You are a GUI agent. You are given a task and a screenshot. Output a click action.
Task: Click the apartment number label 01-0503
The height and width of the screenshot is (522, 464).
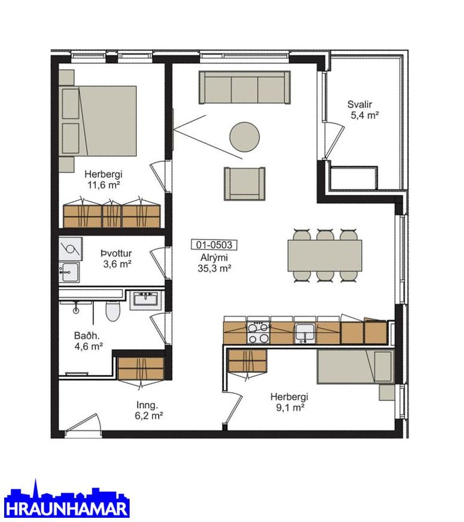click(x=214, y=245)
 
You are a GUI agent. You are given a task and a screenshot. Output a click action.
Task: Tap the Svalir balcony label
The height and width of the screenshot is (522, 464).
click(x=360, y=104)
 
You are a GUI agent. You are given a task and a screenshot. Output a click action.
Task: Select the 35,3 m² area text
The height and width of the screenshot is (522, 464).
click(x=215, y=268)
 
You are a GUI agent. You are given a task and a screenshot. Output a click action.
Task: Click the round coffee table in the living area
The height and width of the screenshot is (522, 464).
click(x=245, y=137)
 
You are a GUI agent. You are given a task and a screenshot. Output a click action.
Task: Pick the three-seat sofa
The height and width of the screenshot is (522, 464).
click(x=245, y=87)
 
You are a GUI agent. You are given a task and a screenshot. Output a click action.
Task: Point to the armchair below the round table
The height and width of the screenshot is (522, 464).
click(x=245, y=184)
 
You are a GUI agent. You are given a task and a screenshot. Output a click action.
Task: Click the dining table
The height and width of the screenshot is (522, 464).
click(x=325, y=255)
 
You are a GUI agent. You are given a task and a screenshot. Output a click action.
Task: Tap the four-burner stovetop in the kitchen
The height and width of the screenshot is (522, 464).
click(x=258, y=332)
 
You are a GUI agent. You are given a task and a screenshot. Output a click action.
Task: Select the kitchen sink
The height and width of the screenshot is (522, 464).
click(x=304, y=333)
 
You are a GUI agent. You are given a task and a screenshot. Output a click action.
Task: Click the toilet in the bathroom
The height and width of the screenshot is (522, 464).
click(x=112, y=311)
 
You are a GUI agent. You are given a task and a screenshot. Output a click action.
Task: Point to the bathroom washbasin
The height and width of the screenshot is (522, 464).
click(x=147, y=299)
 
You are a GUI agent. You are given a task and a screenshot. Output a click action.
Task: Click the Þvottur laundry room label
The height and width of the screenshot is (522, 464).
click(x=116, y=253)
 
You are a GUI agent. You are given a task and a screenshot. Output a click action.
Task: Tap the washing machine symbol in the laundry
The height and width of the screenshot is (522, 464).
click(x=71, y=249)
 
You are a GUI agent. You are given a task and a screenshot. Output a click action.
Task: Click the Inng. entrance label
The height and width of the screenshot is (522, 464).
click(x=147, y=405)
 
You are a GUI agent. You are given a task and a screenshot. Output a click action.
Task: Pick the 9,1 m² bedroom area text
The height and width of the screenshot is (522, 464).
click(x=290, y=407)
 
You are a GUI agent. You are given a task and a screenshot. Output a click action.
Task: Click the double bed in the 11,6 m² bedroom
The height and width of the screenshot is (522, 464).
click(x=98, y=120)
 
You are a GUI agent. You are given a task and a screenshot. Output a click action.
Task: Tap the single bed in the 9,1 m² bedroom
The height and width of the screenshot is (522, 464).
click(x=356, y=366)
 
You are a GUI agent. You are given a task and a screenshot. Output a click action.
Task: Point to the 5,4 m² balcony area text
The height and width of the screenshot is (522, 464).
click(x=365, y=115)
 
